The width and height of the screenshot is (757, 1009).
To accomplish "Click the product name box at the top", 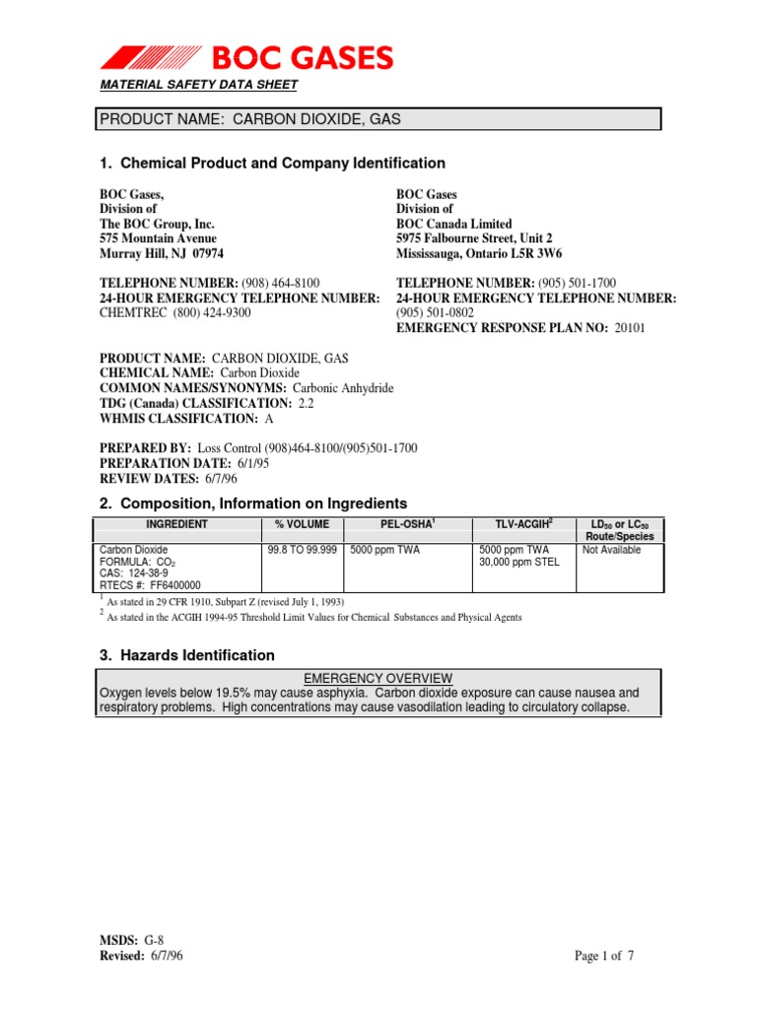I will coord(378,119).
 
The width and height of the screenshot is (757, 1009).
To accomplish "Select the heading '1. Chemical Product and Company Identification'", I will coord(272,163).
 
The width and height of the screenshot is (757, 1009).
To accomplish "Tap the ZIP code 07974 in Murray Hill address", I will coord(218,253).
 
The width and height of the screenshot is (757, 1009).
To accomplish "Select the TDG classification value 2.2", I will coord(307,404).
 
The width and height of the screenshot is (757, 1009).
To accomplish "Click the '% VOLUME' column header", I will coord(302,524).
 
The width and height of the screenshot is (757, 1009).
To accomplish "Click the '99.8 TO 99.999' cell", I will coord(302,550).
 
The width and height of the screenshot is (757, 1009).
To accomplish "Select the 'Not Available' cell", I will coord(612,550).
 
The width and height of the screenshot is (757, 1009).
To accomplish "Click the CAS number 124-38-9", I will coord(147,572).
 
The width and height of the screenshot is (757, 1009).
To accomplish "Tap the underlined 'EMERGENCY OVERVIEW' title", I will coord(378,678).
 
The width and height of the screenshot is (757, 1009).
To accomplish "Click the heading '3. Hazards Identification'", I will coord(187,655).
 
